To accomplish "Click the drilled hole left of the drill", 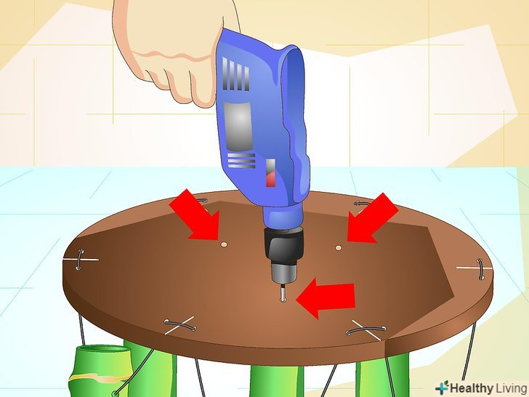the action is pos(223,244).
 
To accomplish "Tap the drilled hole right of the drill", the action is pos(339,248).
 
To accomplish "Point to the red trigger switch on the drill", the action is pos(271,173).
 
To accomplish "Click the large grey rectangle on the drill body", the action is pos(238,126).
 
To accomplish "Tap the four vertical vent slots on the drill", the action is pos(235,74).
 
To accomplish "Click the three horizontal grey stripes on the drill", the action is pos(241,161).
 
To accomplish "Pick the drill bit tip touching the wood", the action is pos(283,299).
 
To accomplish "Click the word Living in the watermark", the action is pos(511,388).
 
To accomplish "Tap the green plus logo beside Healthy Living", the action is pos(442,387).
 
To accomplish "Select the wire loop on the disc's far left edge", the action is pos(80,260).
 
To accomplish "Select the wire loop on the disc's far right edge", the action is pos(481,269).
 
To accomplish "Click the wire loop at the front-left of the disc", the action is pos(180,325).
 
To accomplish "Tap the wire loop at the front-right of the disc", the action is pos(366,330).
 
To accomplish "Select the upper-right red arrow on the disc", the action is pos(372,218).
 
